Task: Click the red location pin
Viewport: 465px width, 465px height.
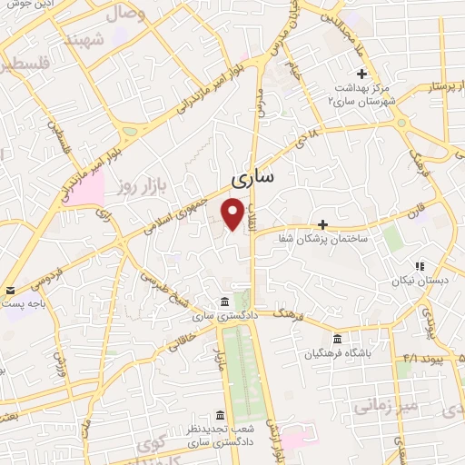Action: (233, 214)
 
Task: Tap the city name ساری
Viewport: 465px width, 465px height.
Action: (252, 177)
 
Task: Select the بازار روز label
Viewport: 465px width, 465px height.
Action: (137, 186)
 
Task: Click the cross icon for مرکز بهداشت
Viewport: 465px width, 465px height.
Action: (362, 74)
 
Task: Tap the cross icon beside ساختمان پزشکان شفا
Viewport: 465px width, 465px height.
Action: (322, 223)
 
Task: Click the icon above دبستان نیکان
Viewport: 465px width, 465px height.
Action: (419, 267)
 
